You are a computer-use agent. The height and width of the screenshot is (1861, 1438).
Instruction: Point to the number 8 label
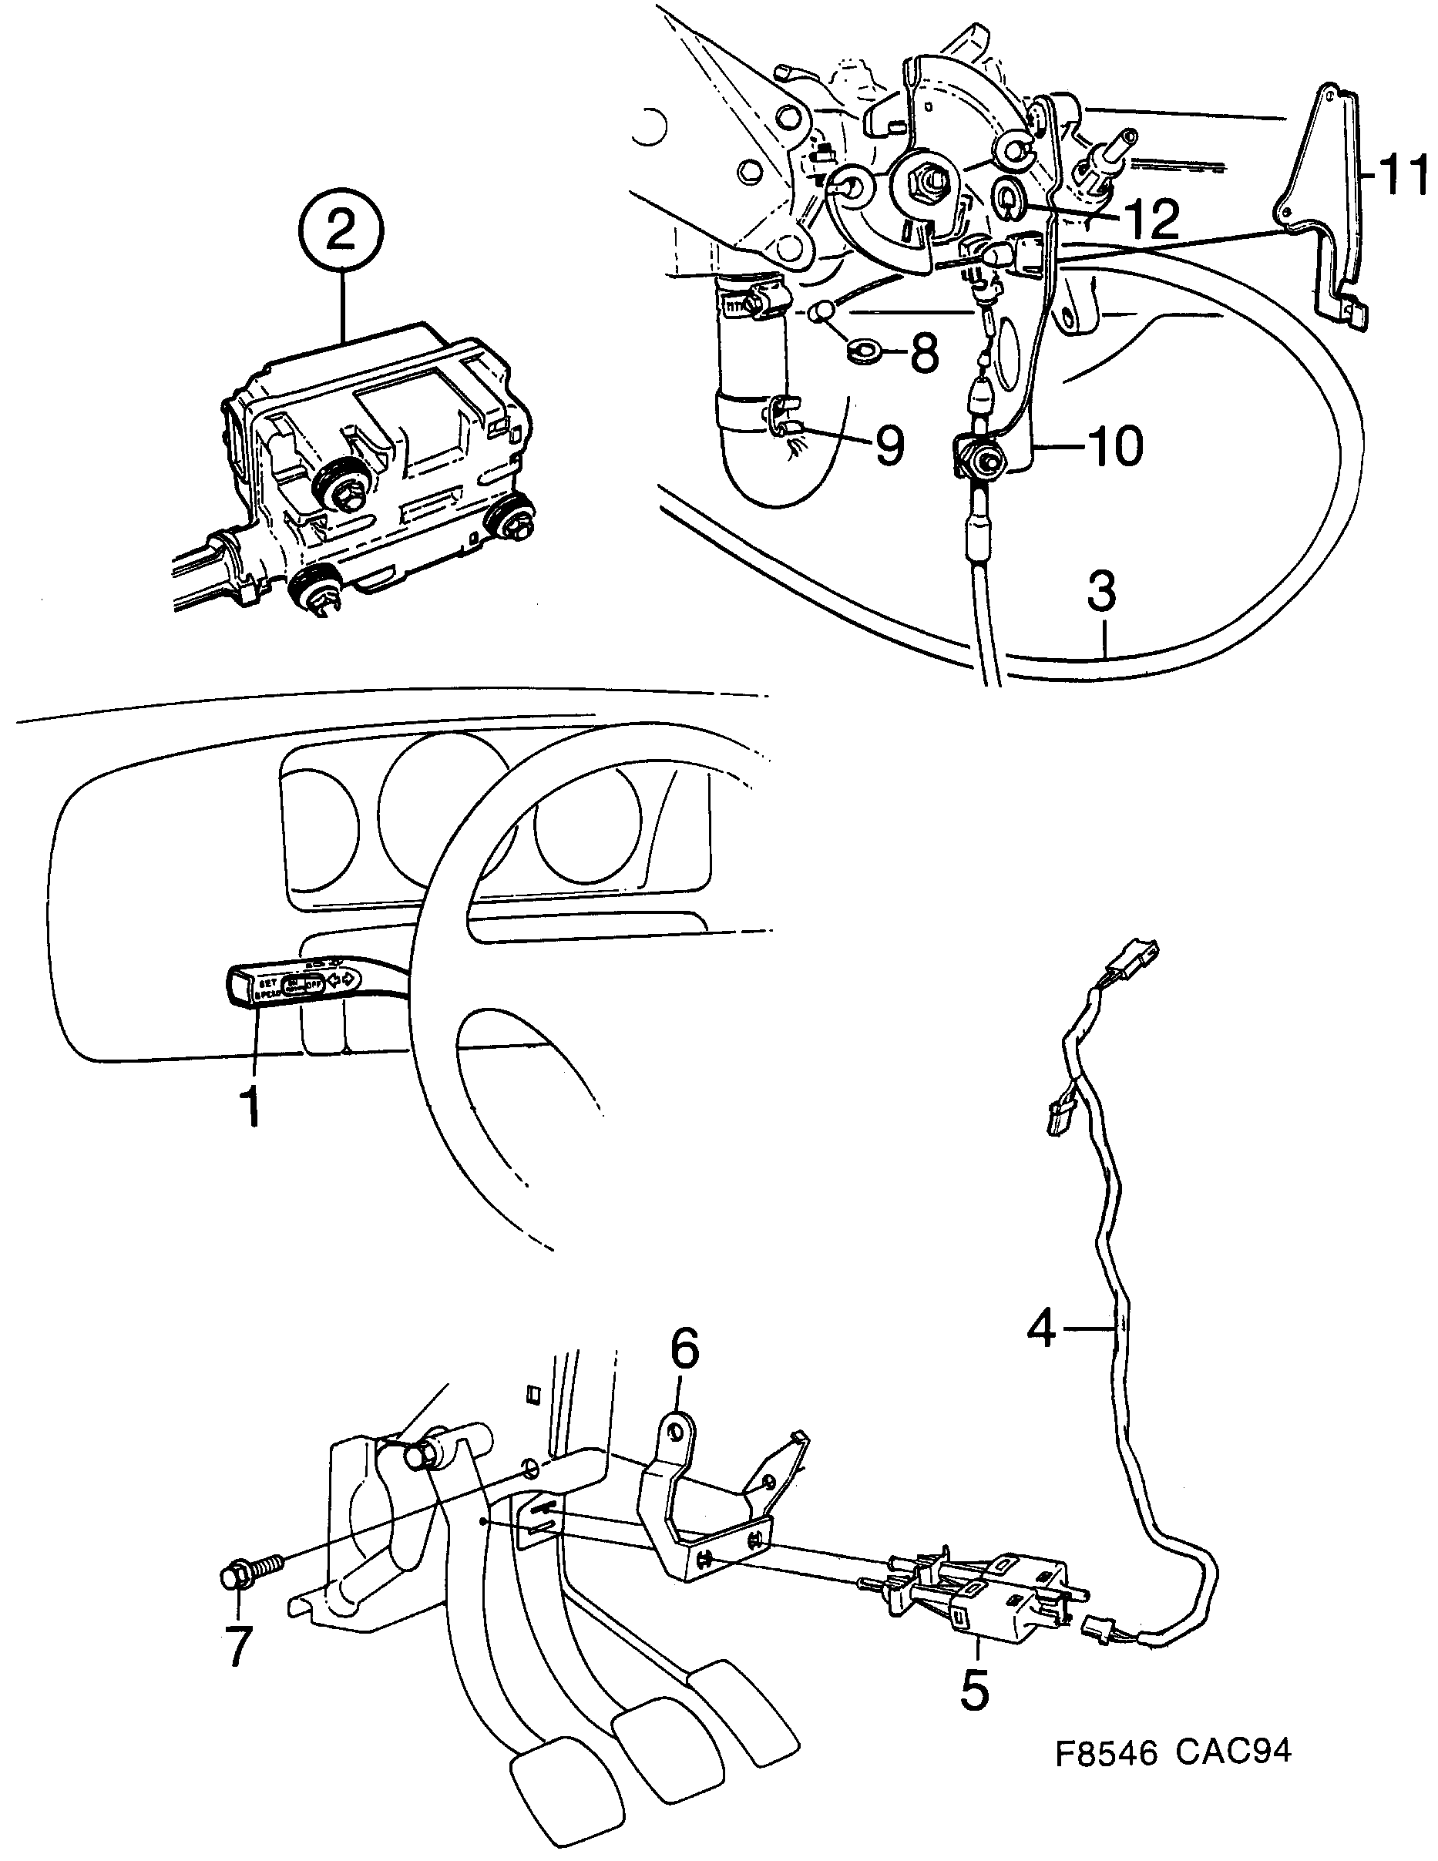coord(924,352)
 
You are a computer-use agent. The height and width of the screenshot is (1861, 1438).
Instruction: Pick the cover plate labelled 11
coord(1325,204)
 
